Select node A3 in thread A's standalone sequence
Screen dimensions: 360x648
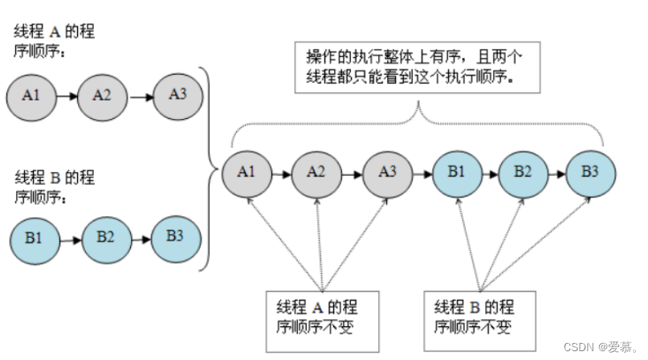pyautogui.click(x=178, y=93)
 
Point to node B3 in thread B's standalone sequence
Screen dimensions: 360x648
pyautogui.click(x=174, y=235)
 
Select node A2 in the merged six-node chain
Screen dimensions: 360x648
pyautogui.click(x=316, y=171)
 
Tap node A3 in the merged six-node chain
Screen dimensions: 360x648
pyautogui.click(x=386, y=171)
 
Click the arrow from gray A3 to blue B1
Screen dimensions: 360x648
pyautogui.click(x=421, y=171)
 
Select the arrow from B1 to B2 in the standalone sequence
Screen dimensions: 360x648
pyautogui.click(x=69, y=239)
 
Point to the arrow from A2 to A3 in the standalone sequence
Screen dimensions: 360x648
pyautogui.click(x=141, y=95)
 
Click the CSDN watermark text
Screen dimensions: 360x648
pyautogui.click(x=598, y=347)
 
